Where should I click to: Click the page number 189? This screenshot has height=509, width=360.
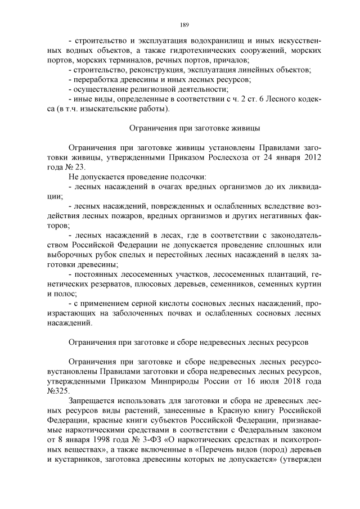183,25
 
